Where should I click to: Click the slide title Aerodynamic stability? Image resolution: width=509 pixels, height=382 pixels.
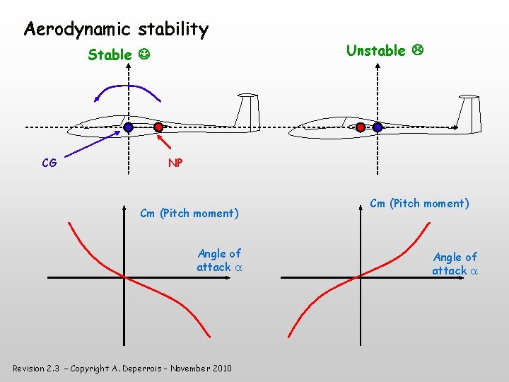tap(116, 30)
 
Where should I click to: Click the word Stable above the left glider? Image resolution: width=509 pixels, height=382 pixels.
tap(110, 54)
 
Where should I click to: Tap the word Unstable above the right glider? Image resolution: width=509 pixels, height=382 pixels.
tap(376, 50)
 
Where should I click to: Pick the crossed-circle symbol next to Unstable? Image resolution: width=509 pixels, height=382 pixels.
tap(417, 50)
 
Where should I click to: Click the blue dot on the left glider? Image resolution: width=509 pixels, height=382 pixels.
tap(128, 127)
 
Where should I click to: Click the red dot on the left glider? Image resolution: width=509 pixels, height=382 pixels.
tap(159, 127)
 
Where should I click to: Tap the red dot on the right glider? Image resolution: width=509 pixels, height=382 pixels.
tap(361, 127)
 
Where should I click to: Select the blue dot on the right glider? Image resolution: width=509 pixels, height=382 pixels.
tap(378, 127)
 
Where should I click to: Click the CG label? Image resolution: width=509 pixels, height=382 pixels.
tap(49, 163)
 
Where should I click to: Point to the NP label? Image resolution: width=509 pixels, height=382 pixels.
tap(175, 163)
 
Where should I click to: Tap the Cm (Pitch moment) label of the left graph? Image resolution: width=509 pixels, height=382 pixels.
tap(189, 213)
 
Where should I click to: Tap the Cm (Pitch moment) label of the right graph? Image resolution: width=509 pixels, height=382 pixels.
tap(419, 204)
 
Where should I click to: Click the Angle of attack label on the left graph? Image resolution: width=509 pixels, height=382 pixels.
tap(219, 260)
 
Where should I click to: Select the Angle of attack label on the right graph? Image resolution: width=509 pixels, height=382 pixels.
tap(455, 263)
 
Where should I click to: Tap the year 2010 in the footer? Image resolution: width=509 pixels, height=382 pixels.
tap(221, 368)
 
